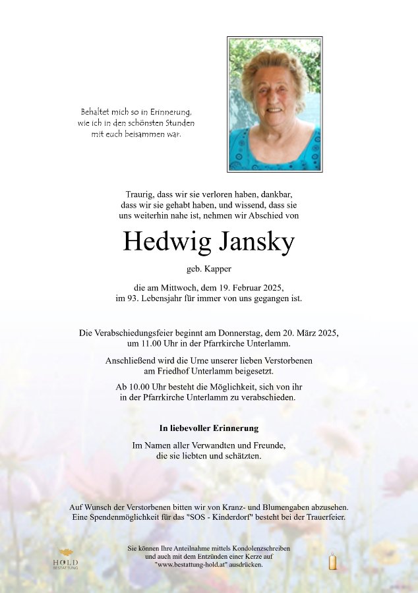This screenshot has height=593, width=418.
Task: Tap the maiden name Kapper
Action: (218, 269)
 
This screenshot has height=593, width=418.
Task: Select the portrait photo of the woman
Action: (274, 104)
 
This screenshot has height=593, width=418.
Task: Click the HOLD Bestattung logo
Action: (65, 559)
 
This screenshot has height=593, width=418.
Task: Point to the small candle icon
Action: (332, 561)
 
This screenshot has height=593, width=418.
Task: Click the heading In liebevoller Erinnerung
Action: (209, 428)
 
